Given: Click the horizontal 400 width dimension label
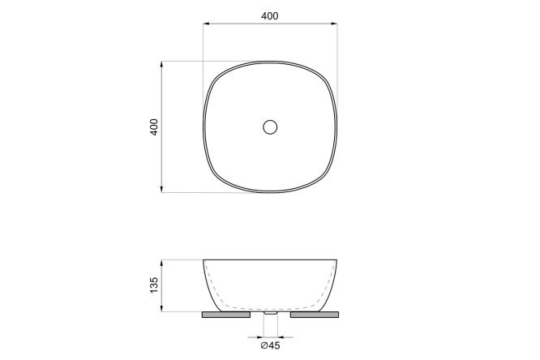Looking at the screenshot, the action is [270, 16].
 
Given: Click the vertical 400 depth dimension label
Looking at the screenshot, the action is [154, 126].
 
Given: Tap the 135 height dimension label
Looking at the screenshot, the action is [154, 285].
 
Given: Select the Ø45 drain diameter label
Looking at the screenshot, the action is [270, 345].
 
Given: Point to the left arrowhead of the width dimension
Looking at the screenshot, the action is [206, 24].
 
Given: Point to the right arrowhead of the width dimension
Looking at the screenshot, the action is [334, 24].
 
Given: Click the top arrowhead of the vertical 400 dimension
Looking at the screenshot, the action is [161, 64].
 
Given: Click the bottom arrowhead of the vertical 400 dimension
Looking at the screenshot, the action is [161, 189].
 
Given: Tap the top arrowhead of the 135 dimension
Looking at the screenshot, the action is [161, 264].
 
